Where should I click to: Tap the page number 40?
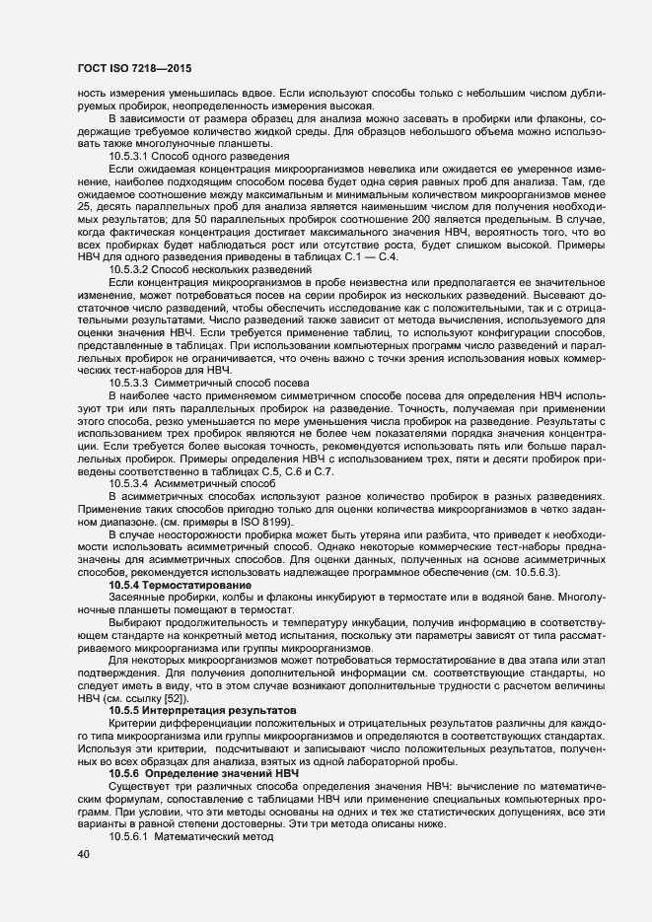(x=83, y=855)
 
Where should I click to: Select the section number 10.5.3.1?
(x=128, y=156)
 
